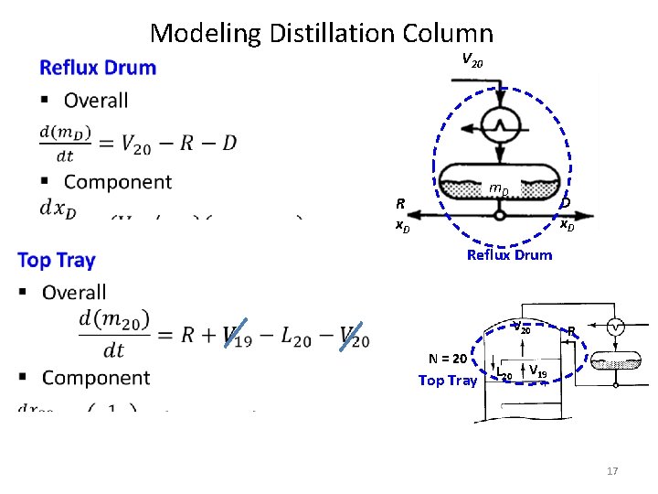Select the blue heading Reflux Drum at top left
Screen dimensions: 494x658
click(98, 68)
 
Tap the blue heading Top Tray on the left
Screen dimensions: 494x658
click(56, 261)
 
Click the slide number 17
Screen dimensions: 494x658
click(611, 470)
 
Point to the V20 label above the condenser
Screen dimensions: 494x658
click(472, 60)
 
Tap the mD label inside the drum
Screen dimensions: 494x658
click(498, 189)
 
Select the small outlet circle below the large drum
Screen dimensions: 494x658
click(499, 215)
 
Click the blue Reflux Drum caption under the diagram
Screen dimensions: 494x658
click(509, 255)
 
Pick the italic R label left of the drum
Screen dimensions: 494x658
click(399, 203)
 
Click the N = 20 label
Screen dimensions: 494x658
click(448, 359)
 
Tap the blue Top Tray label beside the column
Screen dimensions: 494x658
click(448, 381)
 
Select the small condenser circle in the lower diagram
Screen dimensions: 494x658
click(616, 328)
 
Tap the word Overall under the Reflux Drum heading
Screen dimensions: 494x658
click(96, 101)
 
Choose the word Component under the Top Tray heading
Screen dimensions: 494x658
click(96, 378)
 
